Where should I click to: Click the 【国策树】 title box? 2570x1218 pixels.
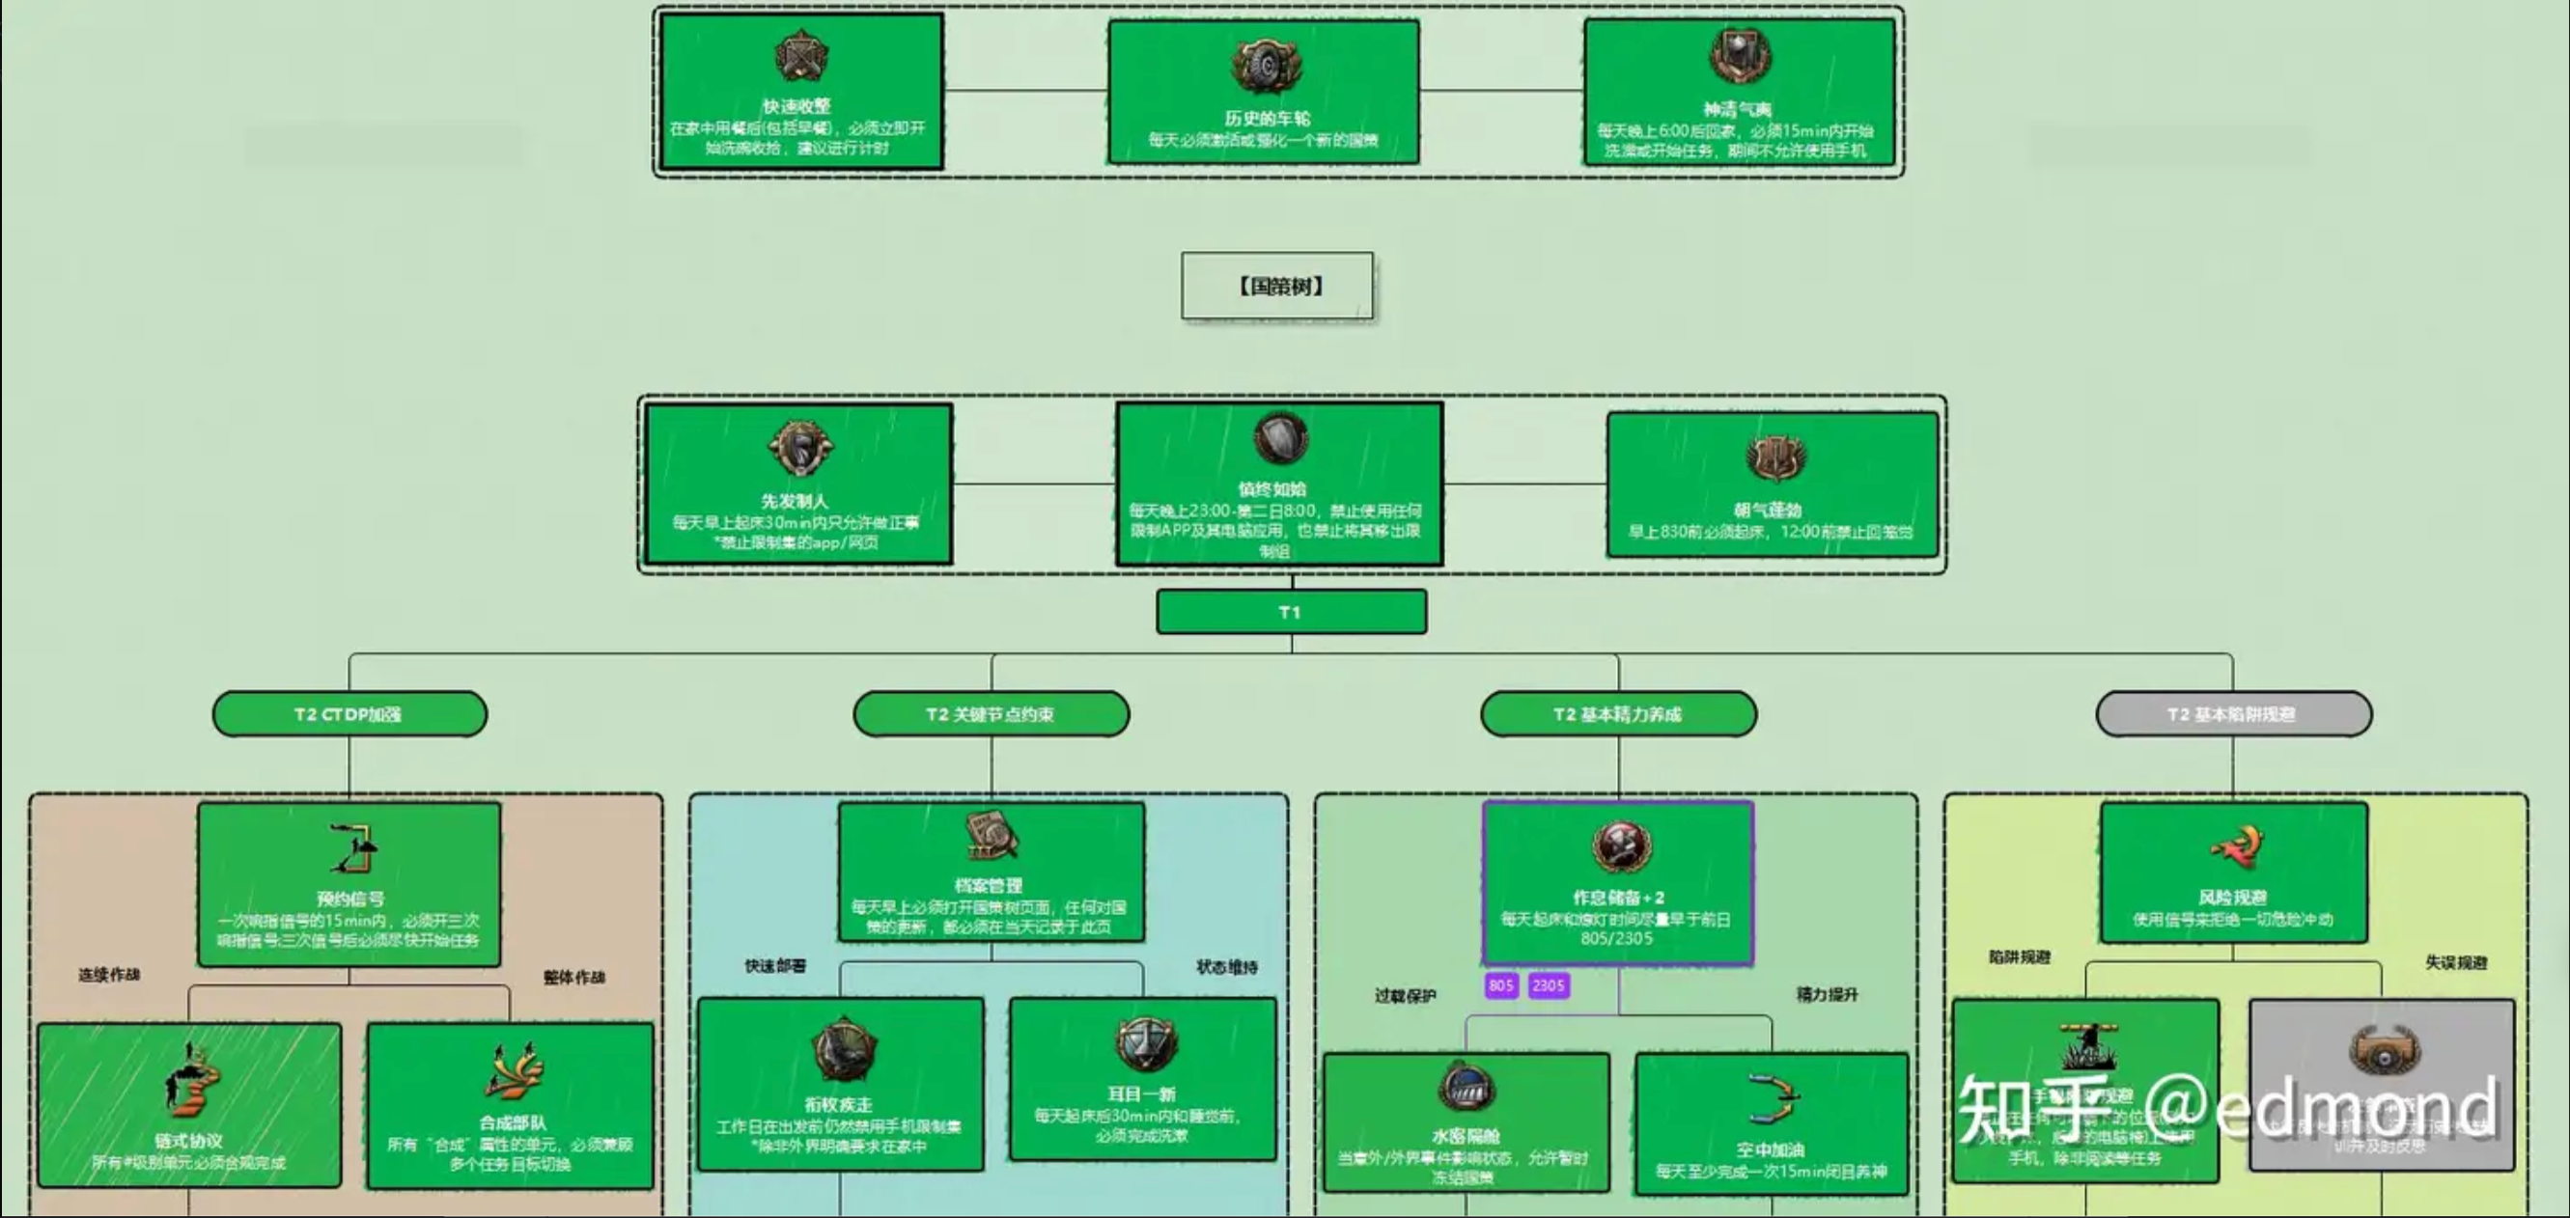click(x=1277, y=287)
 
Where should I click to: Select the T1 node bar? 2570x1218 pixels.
click(x=1291, y=612)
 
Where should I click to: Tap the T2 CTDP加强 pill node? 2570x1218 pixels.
click(x=349, y=714)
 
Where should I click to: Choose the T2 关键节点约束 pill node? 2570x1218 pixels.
click(x=991, y=714)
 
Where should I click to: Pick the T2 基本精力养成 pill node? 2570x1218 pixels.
click(x=1618, y=714)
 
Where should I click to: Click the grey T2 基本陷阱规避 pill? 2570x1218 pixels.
click(x=2233, y=714)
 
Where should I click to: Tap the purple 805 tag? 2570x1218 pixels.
click(x=1500, y=985)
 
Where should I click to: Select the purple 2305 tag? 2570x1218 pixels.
click(x=1549, y=985)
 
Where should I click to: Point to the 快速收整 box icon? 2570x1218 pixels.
click(x=800, y=56)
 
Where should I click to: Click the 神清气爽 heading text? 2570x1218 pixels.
click(x=1737, y=110)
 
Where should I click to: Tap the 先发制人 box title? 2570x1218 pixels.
click(x=795, y=501)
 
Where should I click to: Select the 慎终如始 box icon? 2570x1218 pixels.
click(x=1280, y=439)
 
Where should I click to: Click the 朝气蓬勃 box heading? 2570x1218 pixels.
click(x=1767, y=510)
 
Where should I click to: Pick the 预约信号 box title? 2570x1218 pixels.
click(x=349, y=899)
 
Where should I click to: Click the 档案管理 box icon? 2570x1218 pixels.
click(x=991, y=836)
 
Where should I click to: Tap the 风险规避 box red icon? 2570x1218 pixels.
click(x=2236, y=847)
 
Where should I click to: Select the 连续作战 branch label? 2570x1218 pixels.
click(x=109, y=975)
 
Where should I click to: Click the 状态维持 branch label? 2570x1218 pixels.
click(x=1226, y=967)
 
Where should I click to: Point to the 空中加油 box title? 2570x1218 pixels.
click(x=1770, y=1149)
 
